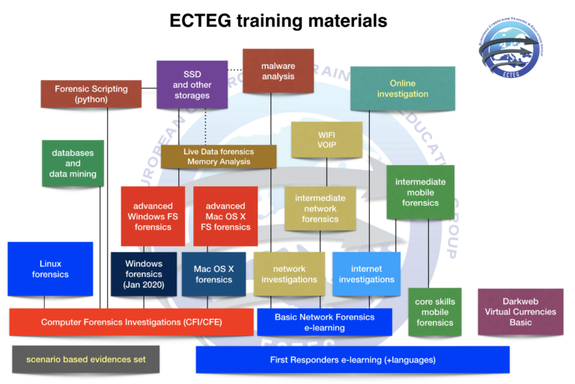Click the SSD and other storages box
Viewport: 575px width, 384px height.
click(x=192, y=85)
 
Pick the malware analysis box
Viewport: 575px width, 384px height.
click(x=278, y=71)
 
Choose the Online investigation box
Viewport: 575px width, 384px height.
click(x=403, y=89)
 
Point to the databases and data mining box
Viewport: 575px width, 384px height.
click(x=73, y=163)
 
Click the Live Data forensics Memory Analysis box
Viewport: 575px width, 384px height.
click(x=219, y=156)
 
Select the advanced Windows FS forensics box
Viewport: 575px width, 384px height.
click(x=153, y=216)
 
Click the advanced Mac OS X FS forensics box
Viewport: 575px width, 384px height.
click(x=225, y=216)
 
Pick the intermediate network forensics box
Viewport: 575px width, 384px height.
click(x=320, y=209)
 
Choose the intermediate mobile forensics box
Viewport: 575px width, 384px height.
click(x=420, y=192)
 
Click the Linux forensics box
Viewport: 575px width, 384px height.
click(x=51, y=269)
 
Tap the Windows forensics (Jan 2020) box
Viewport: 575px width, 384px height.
click(x=144, y=274)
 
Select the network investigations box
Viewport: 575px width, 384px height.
click(x=289, y=274)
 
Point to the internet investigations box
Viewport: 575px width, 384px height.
click(x=366, y=274)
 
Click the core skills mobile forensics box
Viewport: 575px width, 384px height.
click(x=435, y=312)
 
